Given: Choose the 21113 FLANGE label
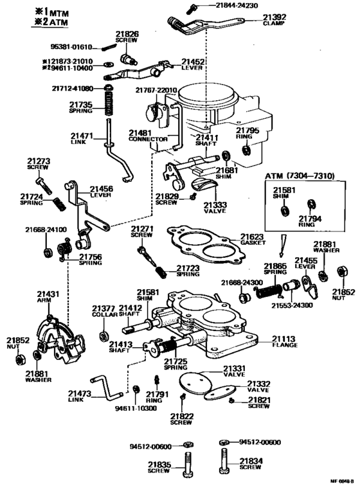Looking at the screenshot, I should (x=282, y=341).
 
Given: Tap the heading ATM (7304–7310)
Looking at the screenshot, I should (x=299, y=175).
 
